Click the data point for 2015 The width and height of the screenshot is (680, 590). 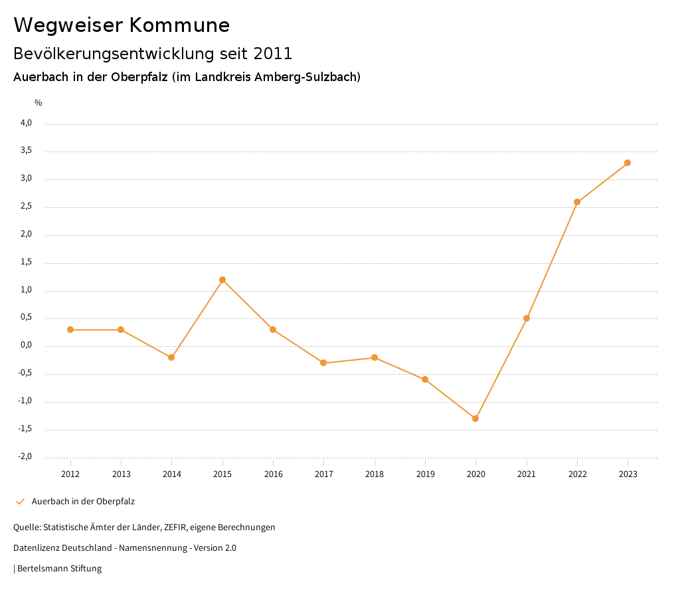(222, 280)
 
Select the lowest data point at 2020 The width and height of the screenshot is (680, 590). (475, 419)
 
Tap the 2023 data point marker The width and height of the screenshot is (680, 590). (628, 163)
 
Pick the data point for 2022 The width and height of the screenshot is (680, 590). (577, 202)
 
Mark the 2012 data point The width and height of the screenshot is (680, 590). (70, 330)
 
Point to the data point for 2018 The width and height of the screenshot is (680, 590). (375, 357)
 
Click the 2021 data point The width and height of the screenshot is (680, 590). (527, 318)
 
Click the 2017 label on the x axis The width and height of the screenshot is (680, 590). (323, 474)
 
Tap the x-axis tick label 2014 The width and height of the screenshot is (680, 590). (171, 474)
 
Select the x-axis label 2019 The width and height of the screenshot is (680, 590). (425, 474)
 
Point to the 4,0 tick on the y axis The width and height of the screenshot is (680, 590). (26, 123)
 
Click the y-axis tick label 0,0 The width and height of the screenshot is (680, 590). (26, 345)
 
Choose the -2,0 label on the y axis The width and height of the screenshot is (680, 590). (25, 457)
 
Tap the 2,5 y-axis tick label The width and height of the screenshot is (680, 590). (26, 207)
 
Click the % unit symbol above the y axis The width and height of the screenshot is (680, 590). (39, 103)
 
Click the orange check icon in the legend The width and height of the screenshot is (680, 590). (20, 502)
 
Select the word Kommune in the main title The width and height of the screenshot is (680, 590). (179, 25)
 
